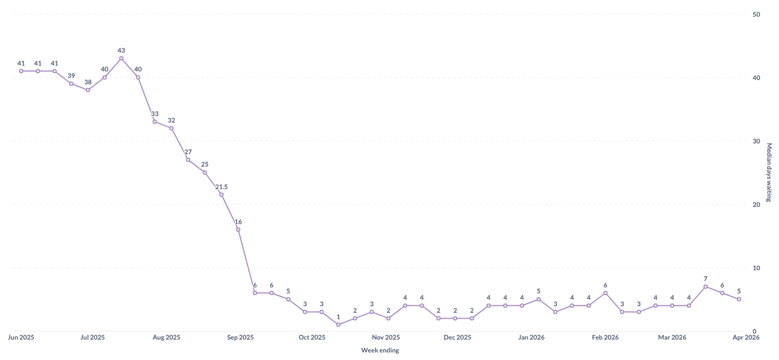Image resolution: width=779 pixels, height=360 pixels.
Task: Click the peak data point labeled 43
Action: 121,58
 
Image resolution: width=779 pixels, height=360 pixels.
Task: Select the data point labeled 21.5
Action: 221,195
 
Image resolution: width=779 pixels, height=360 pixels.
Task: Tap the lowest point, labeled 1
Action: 338,325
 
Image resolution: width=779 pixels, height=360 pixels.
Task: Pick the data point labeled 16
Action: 238,229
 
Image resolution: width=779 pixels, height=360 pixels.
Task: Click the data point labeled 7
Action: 705,286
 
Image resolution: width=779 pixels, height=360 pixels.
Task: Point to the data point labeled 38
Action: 88,90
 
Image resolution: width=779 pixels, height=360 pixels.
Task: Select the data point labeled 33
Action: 155,121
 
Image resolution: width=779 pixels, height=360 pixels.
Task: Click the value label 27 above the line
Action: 188,152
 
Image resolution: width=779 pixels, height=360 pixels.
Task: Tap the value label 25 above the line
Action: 205,164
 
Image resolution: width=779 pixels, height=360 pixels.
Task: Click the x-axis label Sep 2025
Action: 240,337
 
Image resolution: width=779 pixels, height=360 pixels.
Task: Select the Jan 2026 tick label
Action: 531,337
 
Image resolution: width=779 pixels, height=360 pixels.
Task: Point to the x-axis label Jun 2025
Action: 21,337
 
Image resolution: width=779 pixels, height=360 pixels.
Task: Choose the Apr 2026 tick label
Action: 746,337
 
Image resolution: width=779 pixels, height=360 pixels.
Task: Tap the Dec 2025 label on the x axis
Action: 458,337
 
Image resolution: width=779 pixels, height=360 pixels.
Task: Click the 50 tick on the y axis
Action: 756,14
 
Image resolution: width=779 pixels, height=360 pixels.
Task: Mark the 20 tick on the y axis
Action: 756,204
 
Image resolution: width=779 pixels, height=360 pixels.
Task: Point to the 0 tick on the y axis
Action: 754,331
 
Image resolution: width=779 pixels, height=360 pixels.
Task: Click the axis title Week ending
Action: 380,350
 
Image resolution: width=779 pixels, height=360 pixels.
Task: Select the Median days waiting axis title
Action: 769,172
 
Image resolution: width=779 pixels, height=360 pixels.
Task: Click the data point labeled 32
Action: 171,128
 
